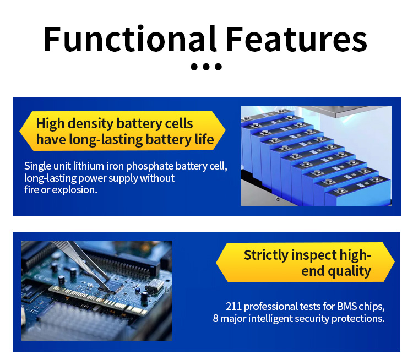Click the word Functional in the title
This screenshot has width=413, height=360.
pos(130,39)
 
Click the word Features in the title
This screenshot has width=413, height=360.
pos(296,39)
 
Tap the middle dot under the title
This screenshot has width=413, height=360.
pos(206,67)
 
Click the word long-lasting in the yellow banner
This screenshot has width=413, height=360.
pos(106,139)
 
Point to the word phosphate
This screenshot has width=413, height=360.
pos(150,166)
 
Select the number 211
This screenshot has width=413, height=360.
pos(233,306)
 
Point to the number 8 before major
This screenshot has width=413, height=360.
pos(215,318)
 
